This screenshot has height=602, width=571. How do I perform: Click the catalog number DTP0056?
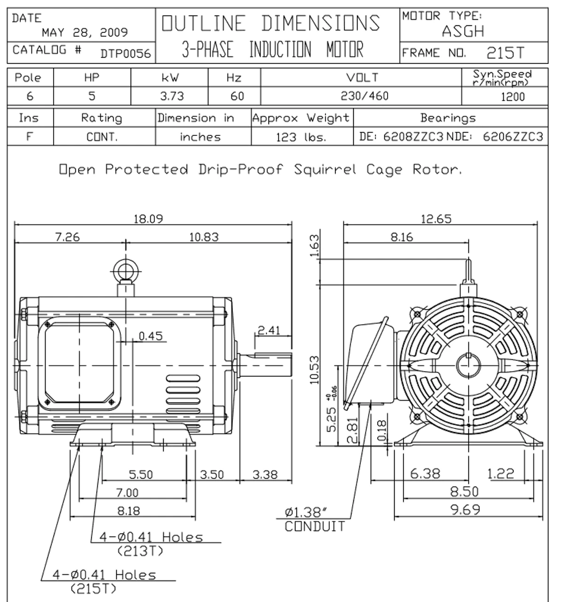click(x=126, y=54)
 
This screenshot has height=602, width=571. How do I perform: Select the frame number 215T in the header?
click(x=506, y=53)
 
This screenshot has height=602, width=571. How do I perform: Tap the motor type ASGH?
click(x=463, y=31)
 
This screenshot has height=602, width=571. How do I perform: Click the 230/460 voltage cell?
click(x=364, y=96)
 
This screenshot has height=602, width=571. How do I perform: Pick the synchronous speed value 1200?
click(x=513, y=97)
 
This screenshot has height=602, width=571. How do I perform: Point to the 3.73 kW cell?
click(x=172, y=96)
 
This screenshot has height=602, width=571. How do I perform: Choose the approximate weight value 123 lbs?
click(x=301, y=137)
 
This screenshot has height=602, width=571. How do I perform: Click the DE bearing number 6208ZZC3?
click(x=413, y=136)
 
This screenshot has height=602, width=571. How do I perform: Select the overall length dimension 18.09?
click(x=148, y=219)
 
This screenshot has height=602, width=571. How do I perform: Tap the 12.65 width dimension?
click(x=436, y=219)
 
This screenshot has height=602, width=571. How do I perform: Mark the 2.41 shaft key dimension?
click(x=269, y=331)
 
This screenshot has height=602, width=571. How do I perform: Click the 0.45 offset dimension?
click(x=151, y=336)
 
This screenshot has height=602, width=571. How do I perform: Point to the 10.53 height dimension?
click(x=314, y=370)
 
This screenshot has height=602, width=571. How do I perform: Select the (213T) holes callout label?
click(x=140, y=551)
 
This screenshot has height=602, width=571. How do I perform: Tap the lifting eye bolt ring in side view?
click(x=126, y=271)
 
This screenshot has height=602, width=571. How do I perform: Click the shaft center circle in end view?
click(x=468, y=365)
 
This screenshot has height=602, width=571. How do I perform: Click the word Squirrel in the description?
click(x=325, y=169)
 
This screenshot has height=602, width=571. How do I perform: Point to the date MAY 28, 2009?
click(x=85, y=32)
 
